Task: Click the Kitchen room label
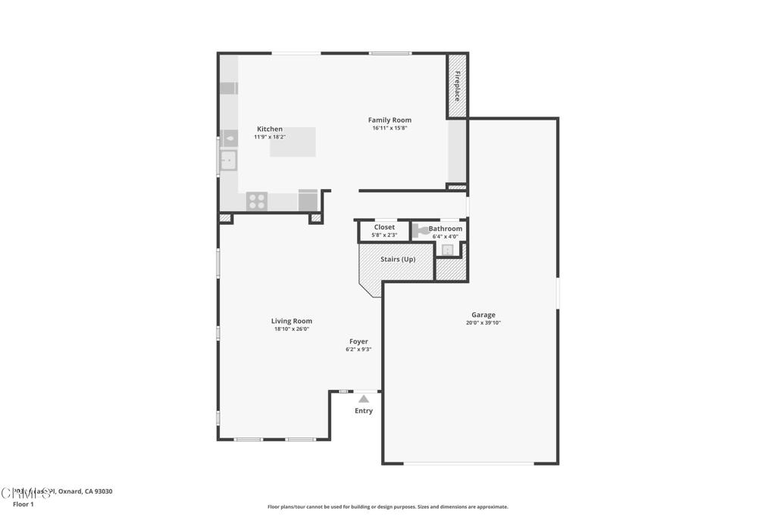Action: [269, 129]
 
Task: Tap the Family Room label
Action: [390, 120]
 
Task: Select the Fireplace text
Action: [457, 86]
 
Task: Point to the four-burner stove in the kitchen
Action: [257, 201]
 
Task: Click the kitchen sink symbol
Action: [228, 160]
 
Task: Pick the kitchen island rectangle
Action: [293, 142]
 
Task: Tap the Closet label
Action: [384, 227]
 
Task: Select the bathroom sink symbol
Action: [448, 250]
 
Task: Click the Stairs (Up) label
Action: [398, 259]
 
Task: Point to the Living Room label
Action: [292, 321]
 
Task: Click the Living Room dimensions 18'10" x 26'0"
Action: [292, 329]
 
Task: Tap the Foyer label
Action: [358, 341]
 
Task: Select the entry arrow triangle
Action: [364, 398]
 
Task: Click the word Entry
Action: [364, 411]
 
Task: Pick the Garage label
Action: [483, 315]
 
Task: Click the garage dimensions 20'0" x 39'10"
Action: [483, 323]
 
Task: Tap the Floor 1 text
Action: [23, 504]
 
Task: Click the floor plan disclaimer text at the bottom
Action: [387, 507]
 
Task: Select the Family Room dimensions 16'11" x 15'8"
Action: [390, 128]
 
